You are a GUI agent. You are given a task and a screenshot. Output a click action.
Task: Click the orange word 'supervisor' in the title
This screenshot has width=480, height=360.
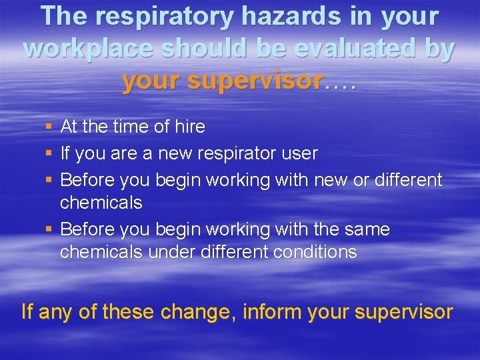[257, 81]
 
